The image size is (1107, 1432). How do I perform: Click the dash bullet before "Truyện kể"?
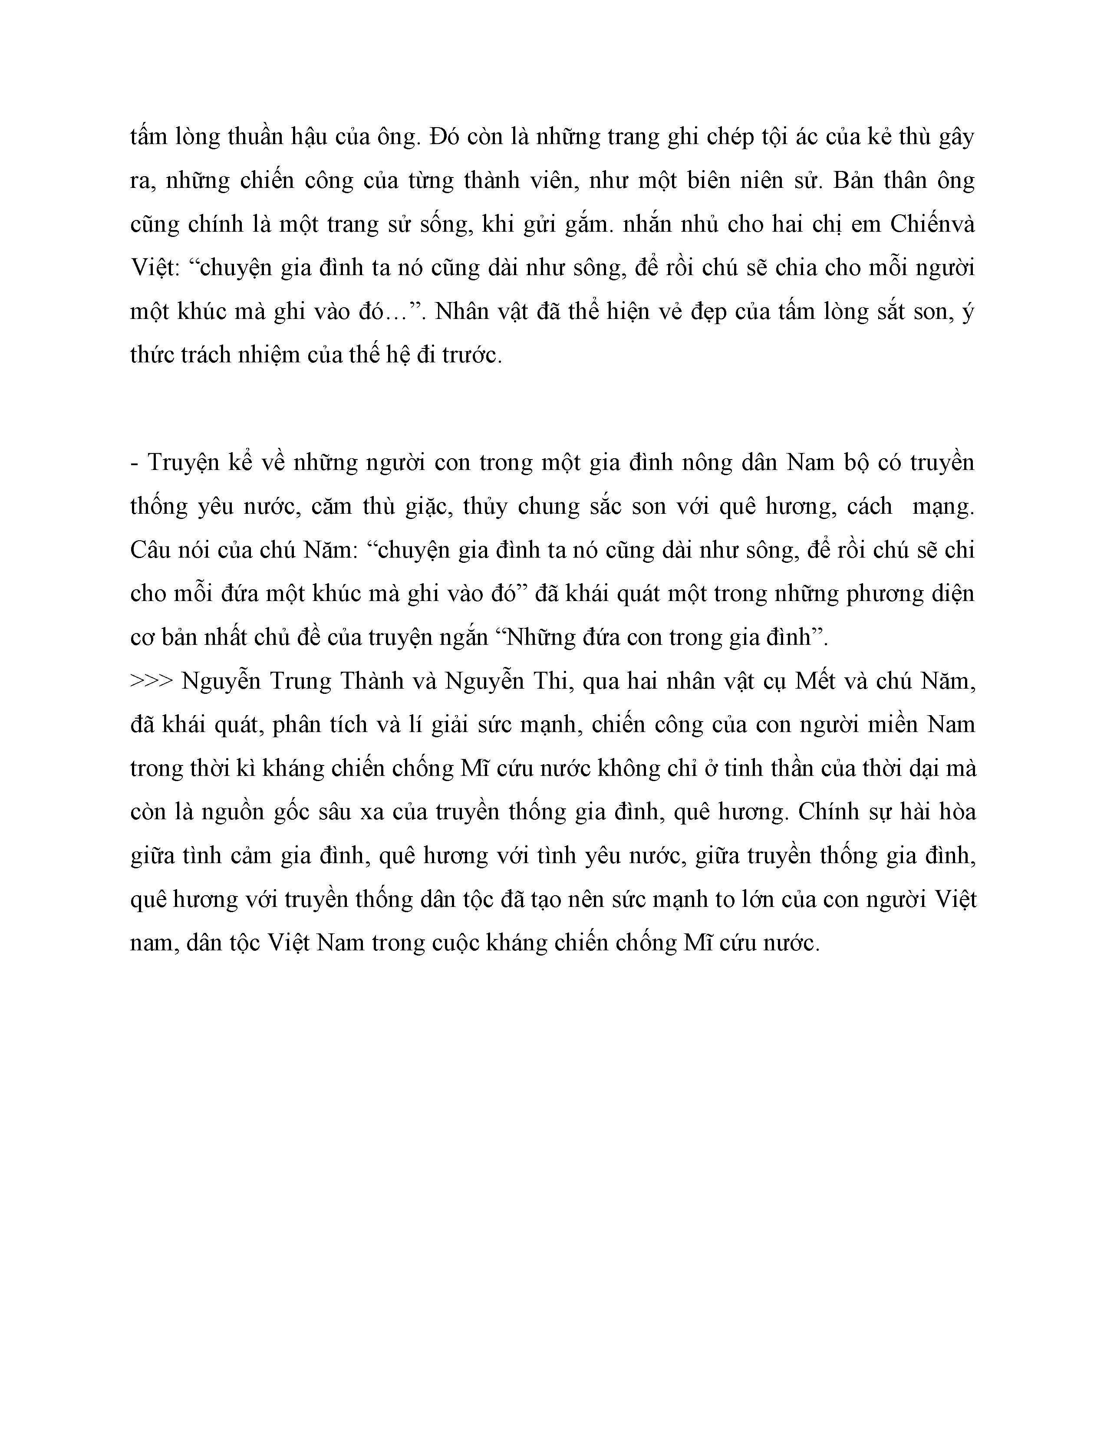135,463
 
